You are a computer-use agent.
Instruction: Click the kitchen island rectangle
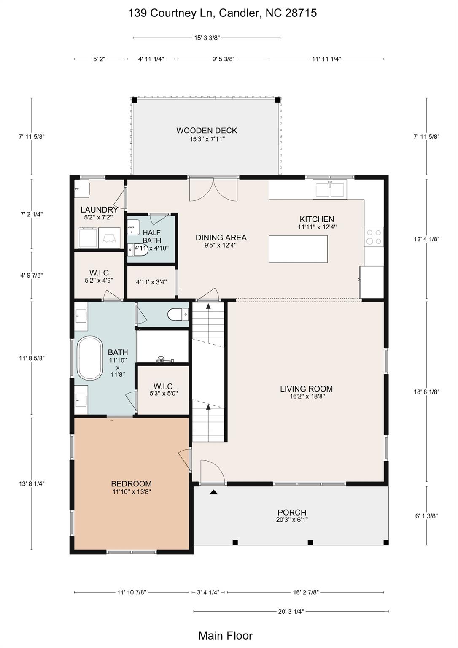[x=298, y=249]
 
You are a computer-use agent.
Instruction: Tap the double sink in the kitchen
[x=330, y=189]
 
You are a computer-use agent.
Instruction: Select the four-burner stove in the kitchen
[x=374, y=237]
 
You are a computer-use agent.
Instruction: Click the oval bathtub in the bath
[x=90, y=358]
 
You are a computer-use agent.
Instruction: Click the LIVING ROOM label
[x=306, y=389]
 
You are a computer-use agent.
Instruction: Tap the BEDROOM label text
[x=131, y=483]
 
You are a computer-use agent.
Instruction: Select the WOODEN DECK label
[x=207, y=130]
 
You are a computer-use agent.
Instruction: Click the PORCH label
[x=292, y=512]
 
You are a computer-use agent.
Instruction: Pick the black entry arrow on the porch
[x=213, y=492]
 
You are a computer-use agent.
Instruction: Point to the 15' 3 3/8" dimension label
[x=207, y=38]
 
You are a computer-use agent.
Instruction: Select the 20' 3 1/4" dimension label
[x=291, y=611]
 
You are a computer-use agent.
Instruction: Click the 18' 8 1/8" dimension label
[x=426, y=391]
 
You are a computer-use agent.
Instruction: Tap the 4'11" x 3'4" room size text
[x=151, y=281]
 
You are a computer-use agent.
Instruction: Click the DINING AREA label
[x=221, y=238]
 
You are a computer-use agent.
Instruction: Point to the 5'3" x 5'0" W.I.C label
[x=163, y=393]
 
